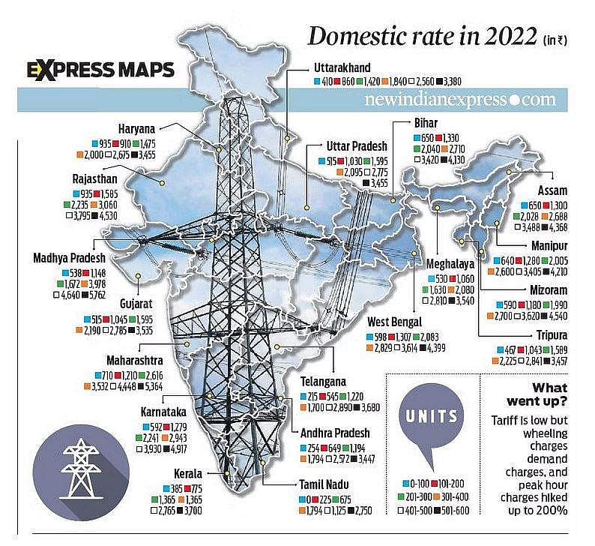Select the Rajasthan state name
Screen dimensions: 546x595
point(94,181)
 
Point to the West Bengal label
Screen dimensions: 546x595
point(397,322)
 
